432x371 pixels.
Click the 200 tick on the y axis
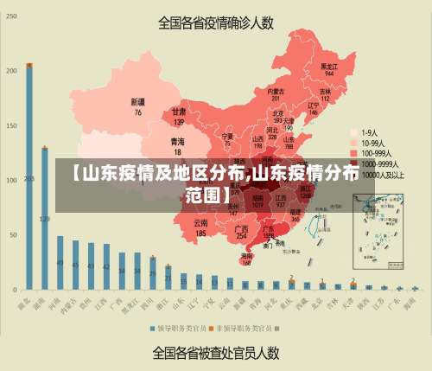[x=12, y=70]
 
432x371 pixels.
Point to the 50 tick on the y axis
[x=14, y=234]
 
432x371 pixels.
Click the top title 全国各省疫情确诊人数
[x=215, y=23]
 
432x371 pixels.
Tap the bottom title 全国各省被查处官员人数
[x=216, y=353]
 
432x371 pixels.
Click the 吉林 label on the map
[x=326, y=93]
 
